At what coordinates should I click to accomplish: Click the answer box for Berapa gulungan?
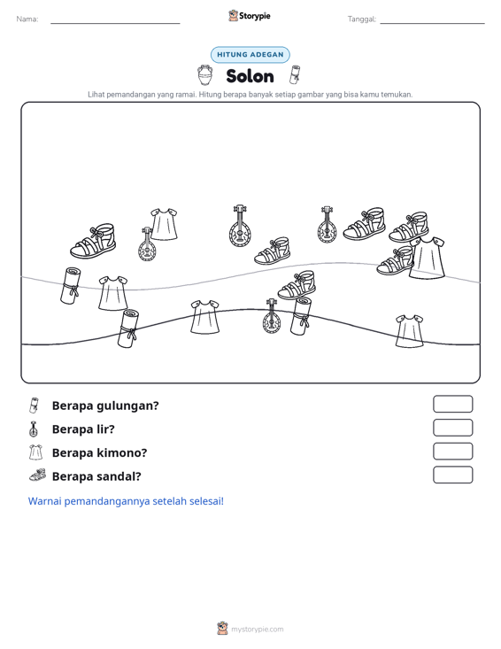pos(452,404)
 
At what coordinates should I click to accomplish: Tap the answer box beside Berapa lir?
pos(452,428)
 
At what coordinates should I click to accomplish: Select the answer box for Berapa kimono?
pos(452,452)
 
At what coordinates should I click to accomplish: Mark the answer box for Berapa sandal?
pos(452,475)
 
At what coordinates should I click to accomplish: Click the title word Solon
pos(250,76)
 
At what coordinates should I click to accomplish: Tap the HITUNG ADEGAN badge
pos(250,55)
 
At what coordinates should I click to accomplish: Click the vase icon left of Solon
pos(204,75)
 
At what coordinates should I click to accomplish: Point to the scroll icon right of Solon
pos(296,74)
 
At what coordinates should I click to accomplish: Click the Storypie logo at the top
pos(250,16)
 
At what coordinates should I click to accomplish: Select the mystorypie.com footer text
pos(258,630)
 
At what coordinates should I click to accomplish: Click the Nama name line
pos(115,23)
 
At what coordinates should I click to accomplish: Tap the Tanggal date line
pos(432,23)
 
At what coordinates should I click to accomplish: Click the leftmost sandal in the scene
pos(93,242)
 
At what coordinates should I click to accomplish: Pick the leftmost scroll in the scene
pos(71,286)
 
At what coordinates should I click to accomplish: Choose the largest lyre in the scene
pos(240,227)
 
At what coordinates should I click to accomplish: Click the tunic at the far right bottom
pos(409,331)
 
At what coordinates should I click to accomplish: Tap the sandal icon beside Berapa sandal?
pos(38,475)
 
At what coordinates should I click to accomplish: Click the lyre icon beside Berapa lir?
pos(34,429)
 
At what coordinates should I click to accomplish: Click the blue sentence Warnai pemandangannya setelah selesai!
pos(126,501)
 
